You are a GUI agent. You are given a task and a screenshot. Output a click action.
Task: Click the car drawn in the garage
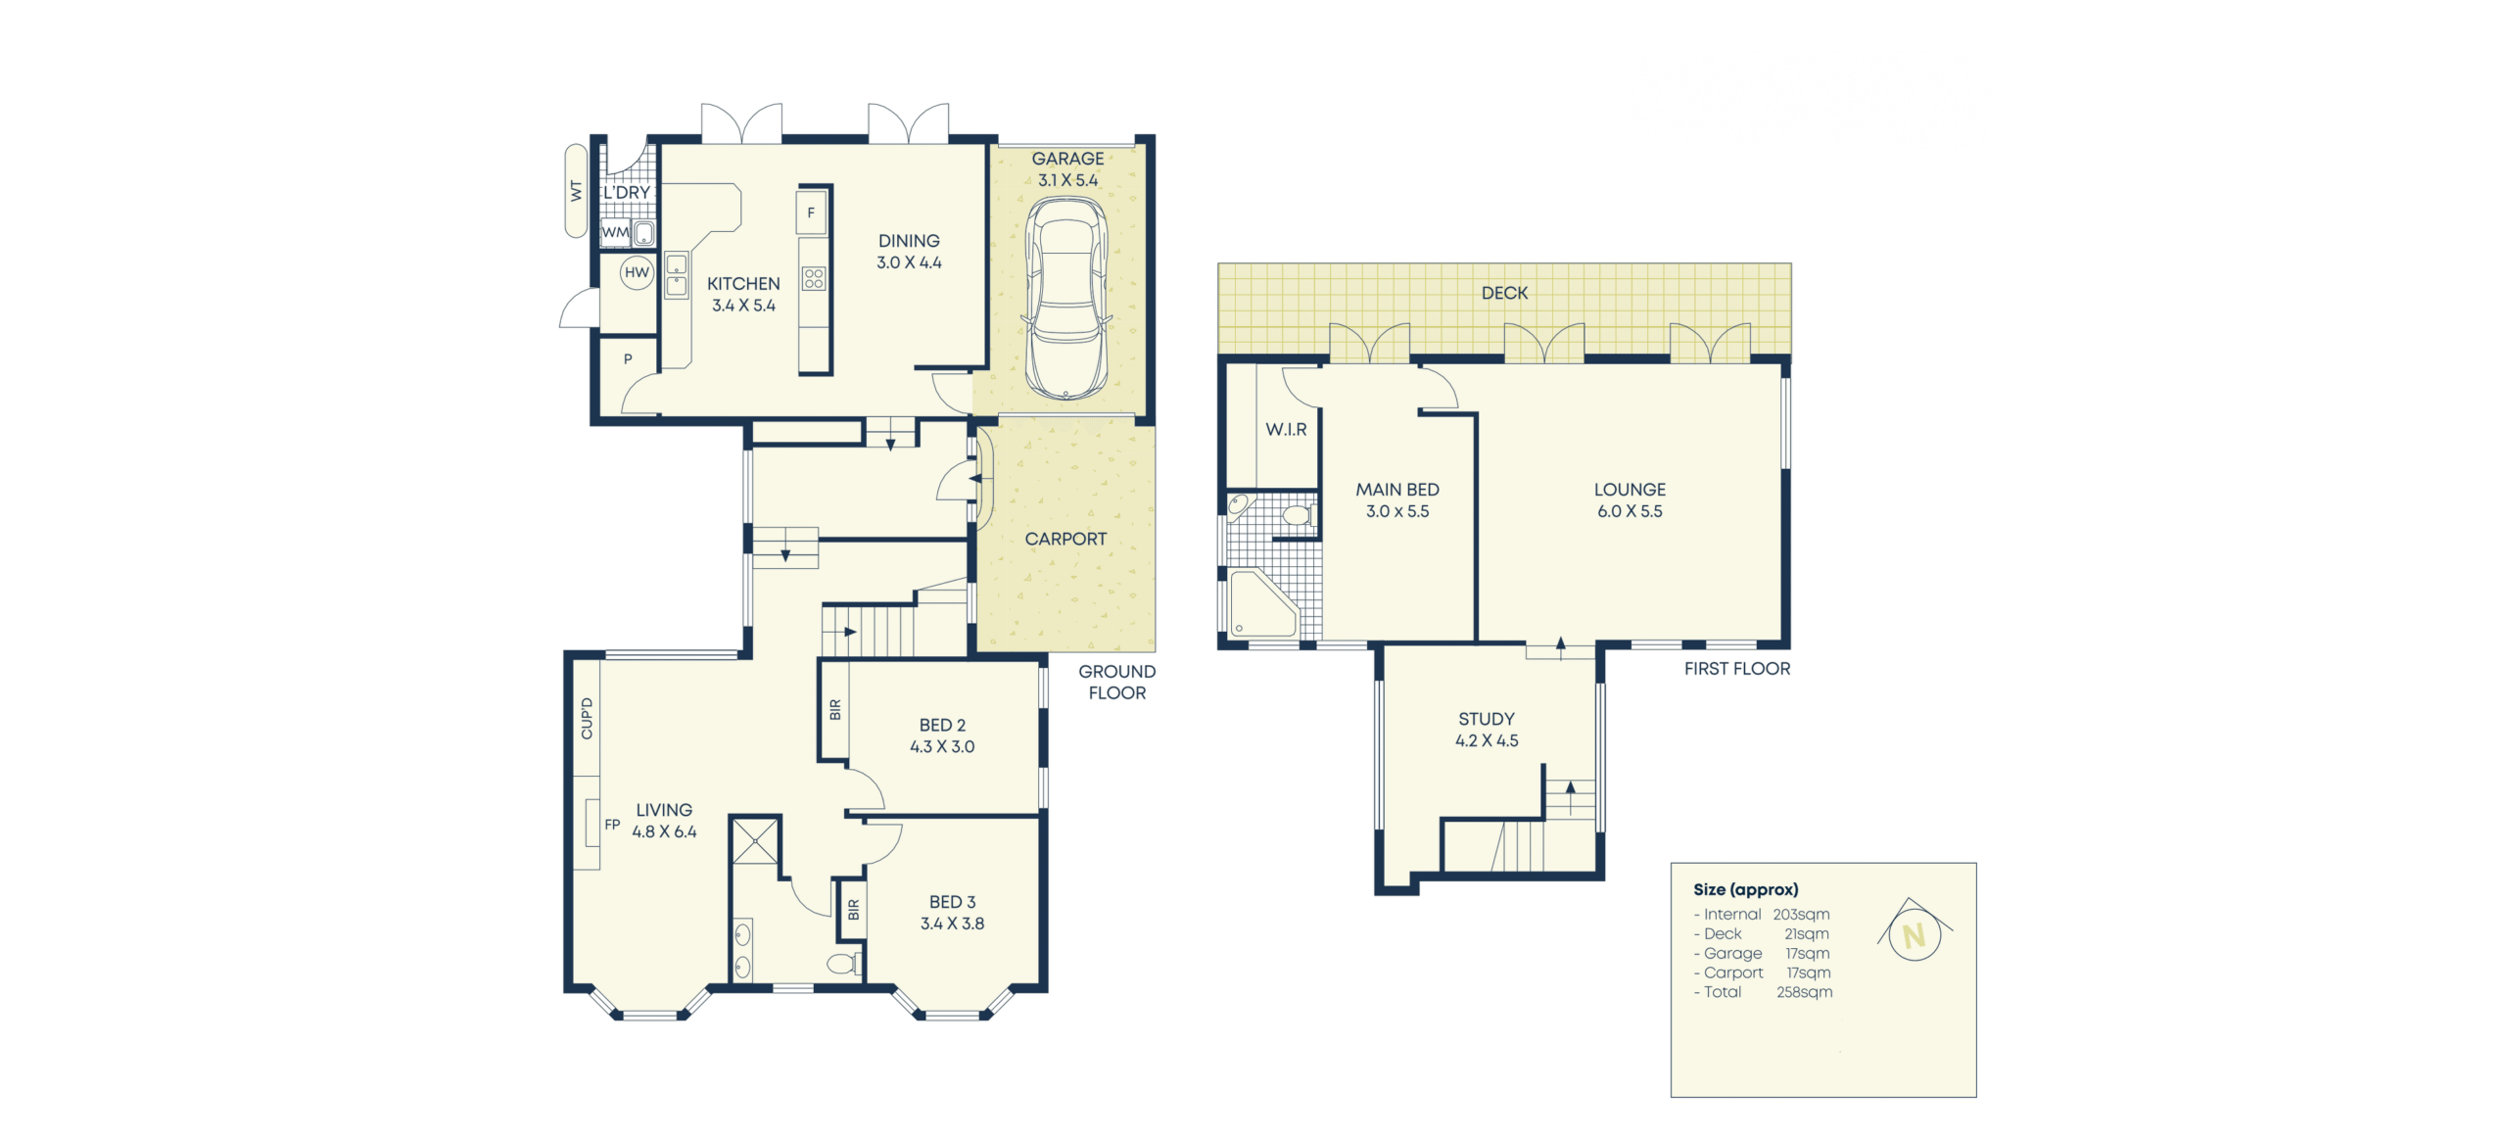click(1066, 299)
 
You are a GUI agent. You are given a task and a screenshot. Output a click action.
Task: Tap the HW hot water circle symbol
click(637, 273)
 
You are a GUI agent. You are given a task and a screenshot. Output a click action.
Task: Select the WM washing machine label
click(615, 233)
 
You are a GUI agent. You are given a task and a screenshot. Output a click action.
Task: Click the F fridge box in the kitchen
click(811, 213)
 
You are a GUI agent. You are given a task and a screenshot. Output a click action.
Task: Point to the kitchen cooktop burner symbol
click(814, 279)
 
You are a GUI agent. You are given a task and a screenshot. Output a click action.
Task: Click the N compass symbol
click(1915, 932)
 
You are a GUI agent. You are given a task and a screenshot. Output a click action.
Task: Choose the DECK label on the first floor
click(1504, 293)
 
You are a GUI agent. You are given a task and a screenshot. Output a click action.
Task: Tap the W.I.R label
click(1286, 430)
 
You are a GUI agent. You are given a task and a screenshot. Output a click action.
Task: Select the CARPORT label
click(1065, 540)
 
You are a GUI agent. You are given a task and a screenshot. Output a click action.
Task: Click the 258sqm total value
click(1804, 992)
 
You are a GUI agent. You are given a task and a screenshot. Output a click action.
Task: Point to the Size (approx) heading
click(1745, 890)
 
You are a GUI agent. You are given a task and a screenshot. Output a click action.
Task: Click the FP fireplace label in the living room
click(612, 825)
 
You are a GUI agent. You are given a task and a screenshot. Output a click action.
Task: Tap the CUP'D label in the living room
click(587, 719)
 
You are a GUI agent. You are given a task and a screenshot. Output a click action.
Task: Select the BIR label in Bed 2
click(835, 709)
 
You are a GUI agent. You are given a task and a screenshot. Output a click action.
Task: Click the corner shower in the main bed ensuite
click(1263, 604)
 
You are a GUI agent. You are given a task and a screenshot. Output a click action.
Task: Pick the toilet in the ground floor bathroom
click(844, 963)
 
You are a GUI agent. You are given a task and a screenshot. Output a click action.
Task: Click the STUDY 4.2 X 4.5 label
click(1487, 730)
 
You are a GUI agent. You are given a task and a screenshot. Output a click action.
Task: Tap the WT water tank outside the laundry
click(576, 191)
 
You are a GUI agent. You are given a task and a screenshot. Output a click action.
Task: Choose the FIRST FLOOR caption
click(1736, 669)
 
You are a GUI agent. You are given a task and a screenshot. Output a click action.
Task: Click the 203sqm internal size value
click(1801, 915)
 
